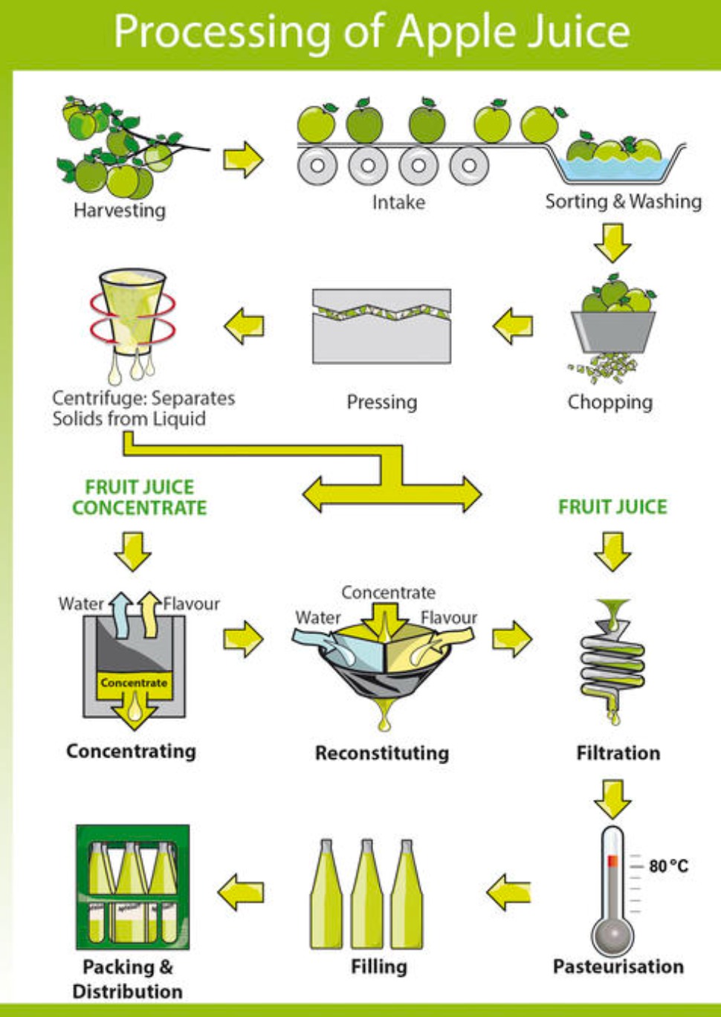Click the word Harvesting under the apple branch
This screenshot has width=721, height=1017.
[x=119, y=210]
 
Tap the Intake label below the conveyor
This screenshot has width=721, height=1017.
[x=398, y=202]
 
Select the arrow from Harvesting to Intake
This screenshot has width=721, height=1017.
[x=243, y=158]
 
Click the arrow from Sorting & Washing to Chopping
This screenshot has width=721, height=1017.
[x=612, y=242]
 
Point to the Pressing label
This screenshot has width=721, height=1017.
[x=381, y=402]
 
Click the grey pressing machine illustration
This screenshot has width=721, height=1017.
[x=381, y=327]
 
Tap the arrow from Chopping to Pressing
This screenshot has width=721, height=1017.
[x=513, y=326]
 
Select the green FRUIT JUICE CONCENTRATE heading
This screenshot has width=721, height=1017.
[x=139, y=497]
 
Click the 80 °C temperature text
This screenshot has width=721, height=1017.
[x=668, y=866]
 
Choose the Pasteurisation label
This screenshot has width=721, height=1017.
[x=618, y=966]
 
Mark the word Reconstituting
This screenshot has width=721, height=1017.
[x=381, y=753]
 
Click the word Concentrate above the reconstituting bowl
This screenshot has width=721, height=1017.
[x=388, y=593]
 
